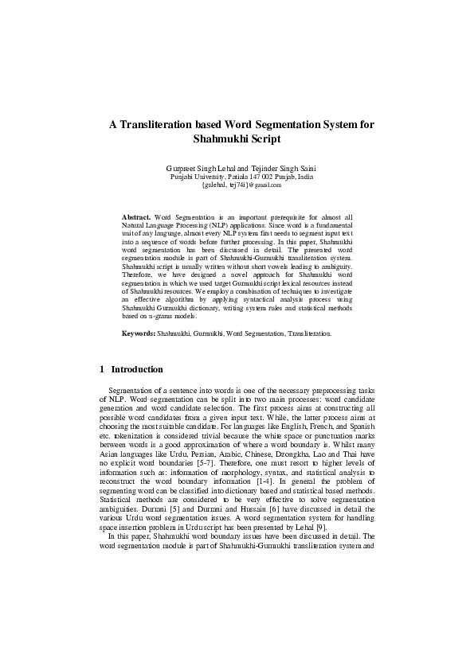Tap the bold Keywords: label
tap(139, 356)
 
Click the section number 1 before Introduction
tap(102, 370)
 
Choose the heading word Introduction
tap(137, 370)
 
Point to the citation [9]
tap(331, 528)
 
